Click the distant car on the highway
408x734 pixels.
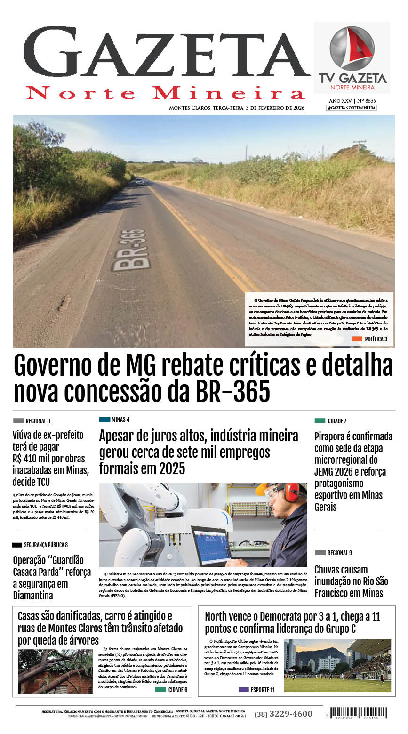[x=140, y=181]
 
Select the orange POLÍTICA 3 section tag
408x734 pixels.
[x=370, y=339]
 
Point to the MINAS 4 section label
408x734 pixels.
[x=114, y=419]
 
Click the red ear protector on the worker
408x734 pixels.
[x=291, y=492]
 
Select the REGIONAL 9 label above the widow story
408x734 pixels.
[x=32, y=421]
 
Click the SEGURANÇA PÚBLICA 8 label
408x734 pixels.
[x=40, y=545]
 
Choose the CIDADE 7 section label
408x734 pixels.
[x=331, y=421]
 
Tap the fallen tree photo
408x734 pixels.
[x=56, y=671]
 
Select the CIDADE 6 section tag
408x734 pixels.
[x=172, y=690]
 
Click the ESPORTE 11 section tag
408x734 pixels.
[x=257, y=690]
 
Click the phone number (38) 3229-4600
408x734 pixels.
[x=283, y=714]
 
